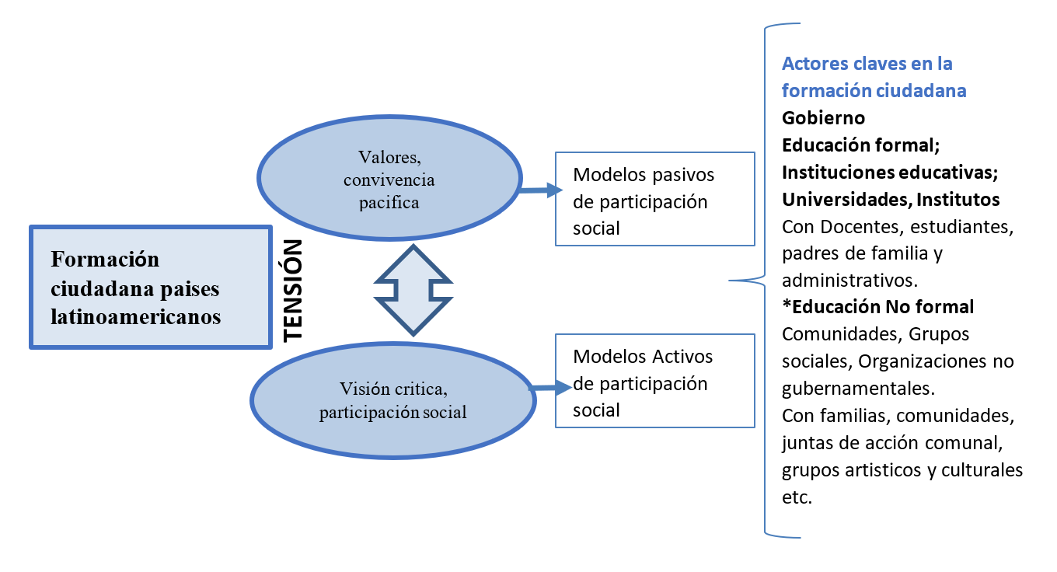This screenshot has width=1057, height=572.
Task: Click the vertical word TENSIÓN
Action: coord(292,291)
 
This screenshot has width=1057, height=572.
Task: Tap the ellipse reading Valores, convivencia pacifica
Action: coord(389,181)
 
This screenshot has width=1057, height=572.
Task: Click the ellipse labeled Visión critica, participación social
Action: coord(392,401)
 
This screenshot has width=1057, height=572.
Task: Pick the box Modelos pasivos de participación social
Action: coord(654,200)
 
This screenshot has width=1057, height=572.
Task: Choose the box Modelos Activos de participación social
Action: coord(654,382)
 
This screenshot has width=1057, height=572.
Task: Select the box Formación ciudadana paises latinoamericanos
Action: coord(150,288)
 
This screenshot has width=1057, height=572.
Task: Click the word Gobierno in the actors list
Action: coord(823,118)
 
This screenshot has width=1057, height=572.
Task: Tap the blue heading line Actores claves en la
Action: coord(867,64)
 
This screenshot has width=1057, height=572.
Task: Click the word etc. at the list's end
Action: coord(797,498)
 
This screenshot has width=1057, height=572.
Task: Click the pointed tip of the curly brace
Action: coord(730,281)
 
